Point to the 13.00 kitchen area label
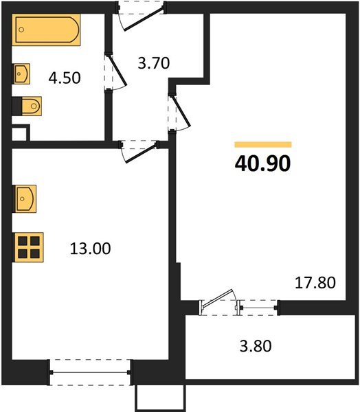89,248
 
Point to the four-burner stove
28,246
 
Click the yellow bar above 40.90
263,145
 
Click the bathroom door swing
115,72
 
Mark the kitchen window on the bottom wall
91,371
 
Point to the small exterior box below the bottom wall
161,398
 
